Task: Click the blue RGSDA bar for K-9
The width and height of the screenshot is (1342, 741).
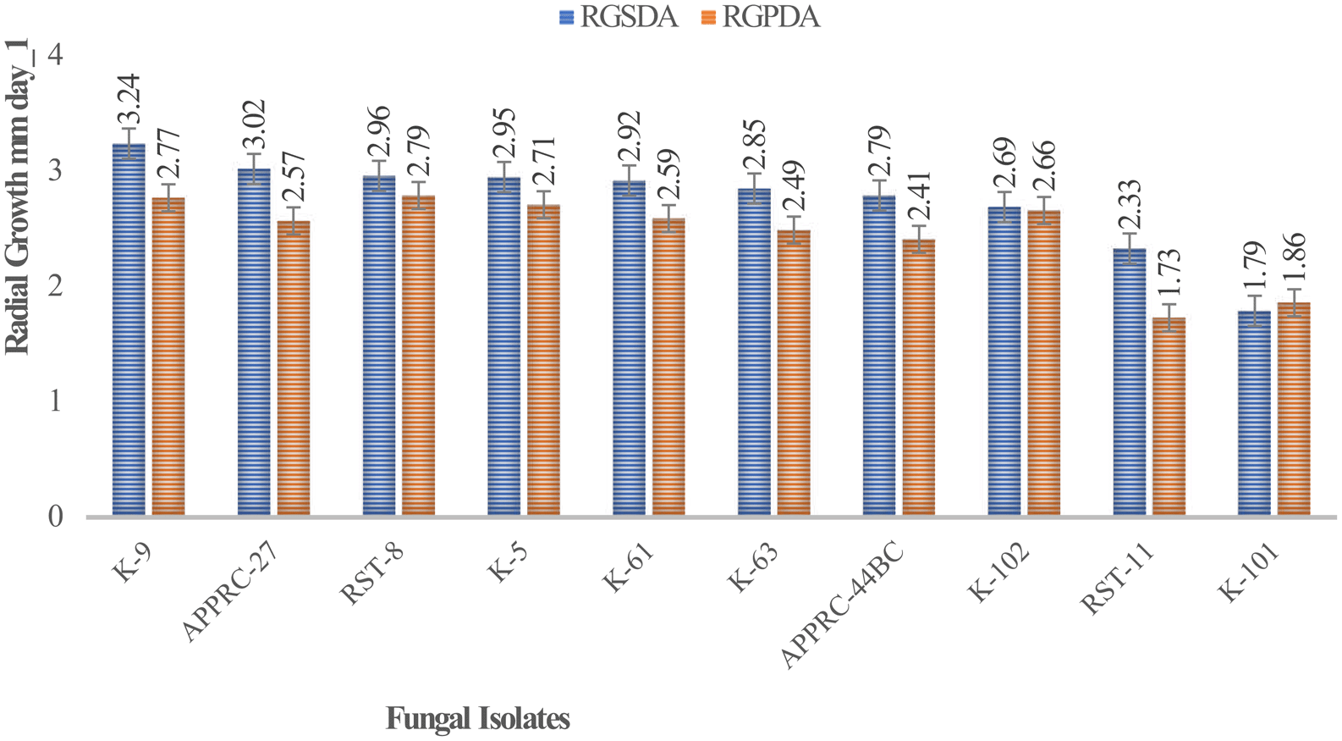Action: tap(129, 330)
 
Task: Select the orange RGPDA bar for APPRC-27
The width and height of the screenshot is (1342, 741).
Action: tap(294, 368)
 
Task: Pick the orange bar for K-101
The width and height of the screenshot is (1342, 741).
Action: tap(1294, 409)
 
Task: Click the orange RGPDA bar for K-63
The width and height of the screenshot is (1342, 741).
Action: tap(794, 373)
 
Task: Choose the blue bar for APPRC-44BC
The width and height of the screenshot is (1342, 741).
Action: tap(879, 356)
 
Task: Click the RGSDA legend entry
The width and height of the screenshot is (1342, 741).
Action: tap(619, 17)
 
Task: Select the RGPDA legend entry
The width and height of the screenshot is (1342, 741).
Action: tap(761, 17)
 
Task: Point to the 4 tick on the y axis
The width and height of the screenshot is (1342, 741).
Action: tap(56, 56)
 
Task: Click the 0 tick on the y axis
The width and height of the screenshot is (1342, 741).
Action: tap(56, 517)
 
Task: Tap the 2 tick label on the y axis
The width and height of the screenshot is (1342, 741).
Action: tap(56, 286)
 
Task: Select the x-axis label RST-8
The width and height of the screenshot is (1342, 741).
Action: tap(372, 576)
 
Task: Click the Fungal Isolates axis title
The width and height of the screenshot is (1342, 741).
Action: tap(478, 719)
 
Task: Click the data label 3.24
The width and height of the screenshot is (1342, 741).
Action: tap(129, 100)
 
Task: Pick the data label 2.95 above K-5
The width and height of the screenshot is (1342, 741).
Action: tap(505, 134)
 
